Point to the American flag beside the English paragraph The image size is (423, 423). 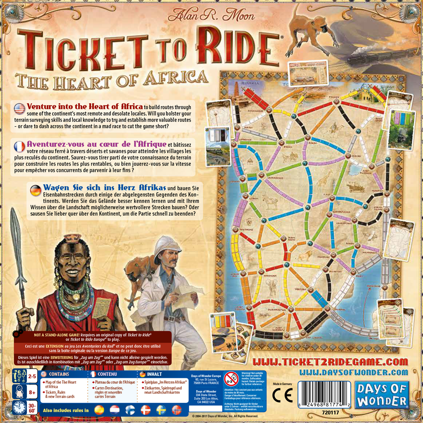click(19, 109)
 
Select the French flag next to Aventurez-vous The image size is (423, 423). click(19, 147)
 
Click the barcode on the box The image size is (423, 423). click(325, 394)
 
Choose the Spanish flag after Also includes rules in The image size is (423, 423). click(100, 410)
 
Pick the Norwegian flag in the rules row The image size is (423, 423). click(176, 410)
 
